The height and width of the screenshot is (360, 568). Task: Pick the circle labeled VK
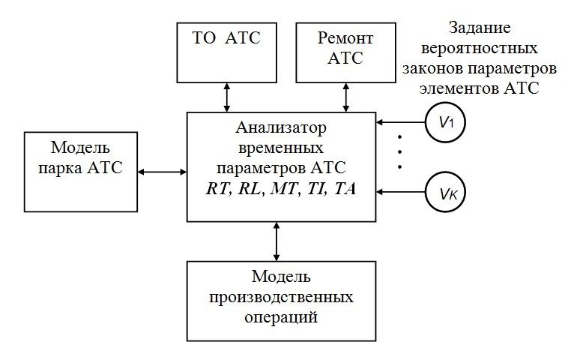444,194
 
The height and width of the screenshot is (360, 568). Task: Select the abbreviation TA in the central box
345,190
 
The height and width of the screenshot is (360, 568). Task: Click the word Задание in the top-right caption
479,28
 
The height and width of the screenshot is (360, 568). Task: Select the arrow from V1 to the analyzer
402,121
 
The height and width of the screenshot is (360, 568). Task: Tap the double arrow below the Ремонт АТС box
345,96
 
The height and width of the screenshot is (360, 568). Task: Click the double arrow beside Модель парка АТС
161,172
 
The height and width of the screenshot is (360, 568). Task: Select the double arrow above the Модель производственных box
278,241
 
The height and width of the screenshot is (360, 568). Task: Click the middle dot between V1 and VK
399,152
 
